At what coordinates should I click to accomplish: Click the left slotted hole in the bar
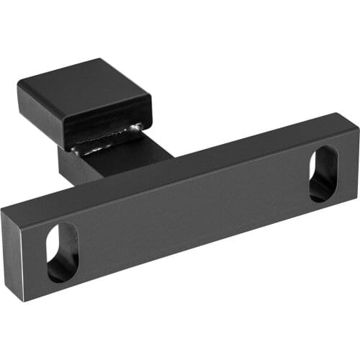63,252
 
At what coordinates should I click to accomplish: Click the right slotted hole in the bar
324,174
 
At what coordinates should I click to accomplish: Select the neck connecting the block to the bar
115,162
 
